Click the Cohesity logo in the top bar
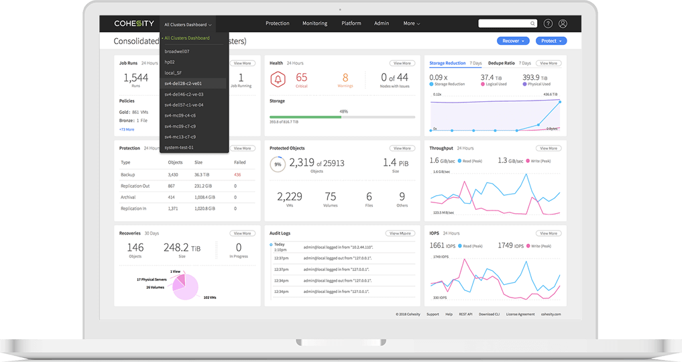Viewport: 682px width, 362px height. click(x=133, y=23)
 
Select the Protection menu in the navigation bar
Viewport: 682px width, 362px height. click(x=277, y=23)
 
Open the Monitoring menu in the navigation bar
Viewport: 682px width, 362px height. click(x=315, y=23)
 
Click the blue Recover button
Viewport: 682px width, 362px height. click(x=513, y=41)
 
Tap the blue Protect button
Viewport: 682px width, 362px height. click(x=551, y=41)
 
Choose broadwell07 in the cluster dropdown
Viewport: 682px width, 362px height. click(x=177, y=51)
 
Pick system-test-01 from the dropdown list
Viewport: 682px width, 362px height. click(x=179, y=147)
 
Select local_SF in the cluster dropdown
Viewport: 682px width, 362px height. click(x=173, y=72)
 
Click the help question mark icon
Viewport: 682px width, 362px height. click(x=548, y=23)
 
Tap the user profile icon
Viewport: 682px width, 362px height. click(x=563, y=23)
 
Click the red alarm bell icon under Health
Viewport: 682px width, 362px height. click(x=277, y=80)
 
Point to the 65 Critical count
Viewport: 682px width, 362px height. click(x=301, y=79)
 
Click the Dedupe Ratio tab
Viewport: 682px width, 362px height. click(x=501, y=63)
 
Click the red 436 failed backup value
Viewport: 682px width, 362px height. click(x=237, y=174)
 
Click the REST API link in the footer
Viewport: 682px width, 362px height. click(x=465, y=314)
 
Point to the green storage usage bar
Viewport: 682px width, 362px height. click(x=305, y=117)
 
